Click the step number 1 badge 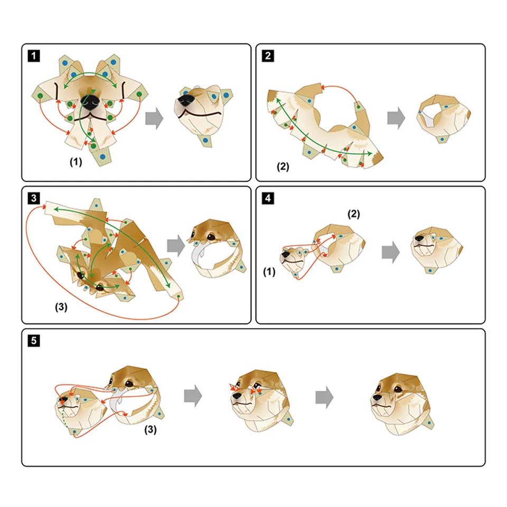[x=34, y=55]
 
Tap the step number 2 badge [x=268, y=55]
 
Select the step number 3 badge [x=34, y=198]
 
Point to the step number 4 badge [x=268, y=198]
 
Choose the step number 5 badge [x=34, y=341]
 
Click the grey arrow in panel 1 [x=155, y=118]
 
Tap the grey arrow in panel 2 [x=396, y=118]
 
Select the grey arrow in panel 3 [x=176, y=246]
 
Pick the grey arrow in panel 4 [x=391, y=252]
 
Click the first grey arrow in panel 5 [x=193, y=396]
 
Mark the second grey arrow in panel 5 [x=324, y=397]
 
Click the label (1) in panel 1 [x=76, y=162]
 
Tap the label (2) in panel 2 [x=283, y=166]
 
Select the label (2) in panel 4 [x=354, y=214]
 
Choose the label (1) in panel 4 [x=269, y=271]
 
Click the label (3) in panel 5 [x=151, y=429]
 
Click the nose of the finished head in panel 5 [x=377, y=397]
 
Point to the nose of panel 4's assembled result [x=419, y=239]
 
